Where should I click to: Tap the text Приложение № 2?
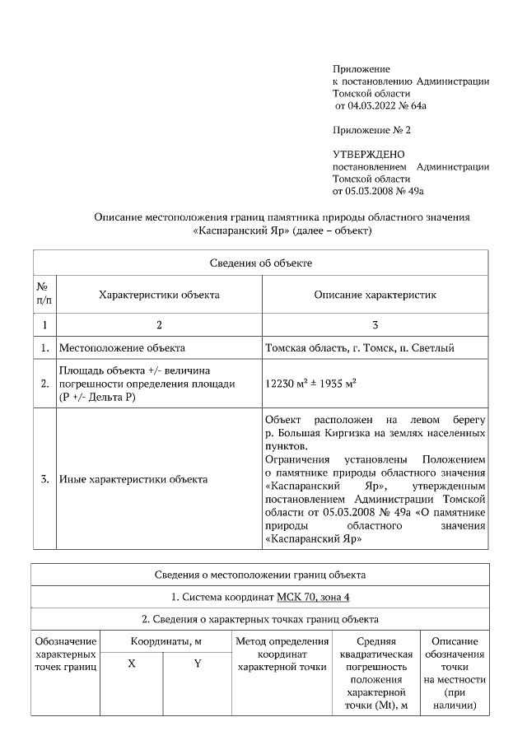[x=371, y=130]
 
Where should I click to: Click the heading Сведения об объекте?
[x=259, y=263]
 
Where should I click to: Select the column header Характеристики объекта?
[x=159, y=294]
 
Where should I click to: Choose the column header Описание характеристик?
[x=375, y=294]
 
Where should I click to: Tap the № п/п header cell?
[x=44, y=294]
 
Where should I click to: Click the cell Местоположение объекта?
[x=122, y=348]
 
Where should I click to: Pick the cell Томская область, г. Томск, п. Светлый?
[x=359, y=348]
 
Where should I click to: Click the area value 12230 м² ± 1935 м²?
[x=310, y=384]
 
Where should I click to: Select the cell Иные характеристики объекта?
[x=133, y=478]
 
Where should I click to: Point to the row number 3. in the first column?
[x=44, y=478]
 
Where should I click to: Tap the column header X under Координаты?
[x=132, y=664]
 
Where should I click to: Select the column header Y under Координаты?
[x=198, y=664]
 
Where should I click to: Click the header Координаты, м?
[x=165, y=640]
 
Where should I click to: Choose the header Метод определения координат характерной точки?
[x=282, y=653]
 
